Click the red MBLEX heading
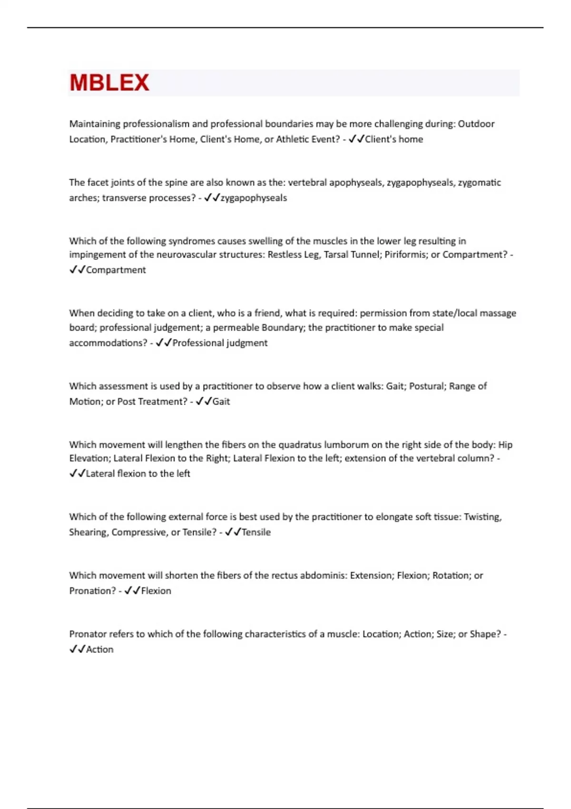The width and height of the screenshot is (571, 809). pos(109,83)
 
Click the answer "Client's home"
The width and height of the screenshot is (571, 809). pos(394,139)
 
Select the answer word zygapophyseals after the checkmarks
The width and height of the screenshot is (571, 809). pos(254,198)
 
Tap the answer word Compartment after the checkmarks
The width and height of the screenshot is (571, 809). pos(116,270)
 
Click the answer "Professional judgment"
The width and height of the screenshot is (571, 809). pos(220,343)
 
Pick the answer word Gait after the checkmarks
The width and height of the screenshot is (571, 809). pos(221,402)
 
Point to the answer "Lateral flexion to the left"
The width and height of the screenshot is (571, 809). pos(138,474)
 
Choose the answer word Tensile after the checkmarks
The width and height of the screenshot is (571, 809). pos(256,532)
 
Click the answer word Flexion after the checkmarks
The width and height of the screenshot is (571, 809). pos(156,591)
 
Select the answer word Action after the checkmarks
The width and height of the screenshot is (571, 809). pos(100,650)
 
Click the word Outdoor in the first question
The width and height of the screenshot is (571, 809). pos(476,124)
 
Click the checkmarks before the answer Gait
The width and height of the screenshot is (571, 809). pos(204,402)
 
